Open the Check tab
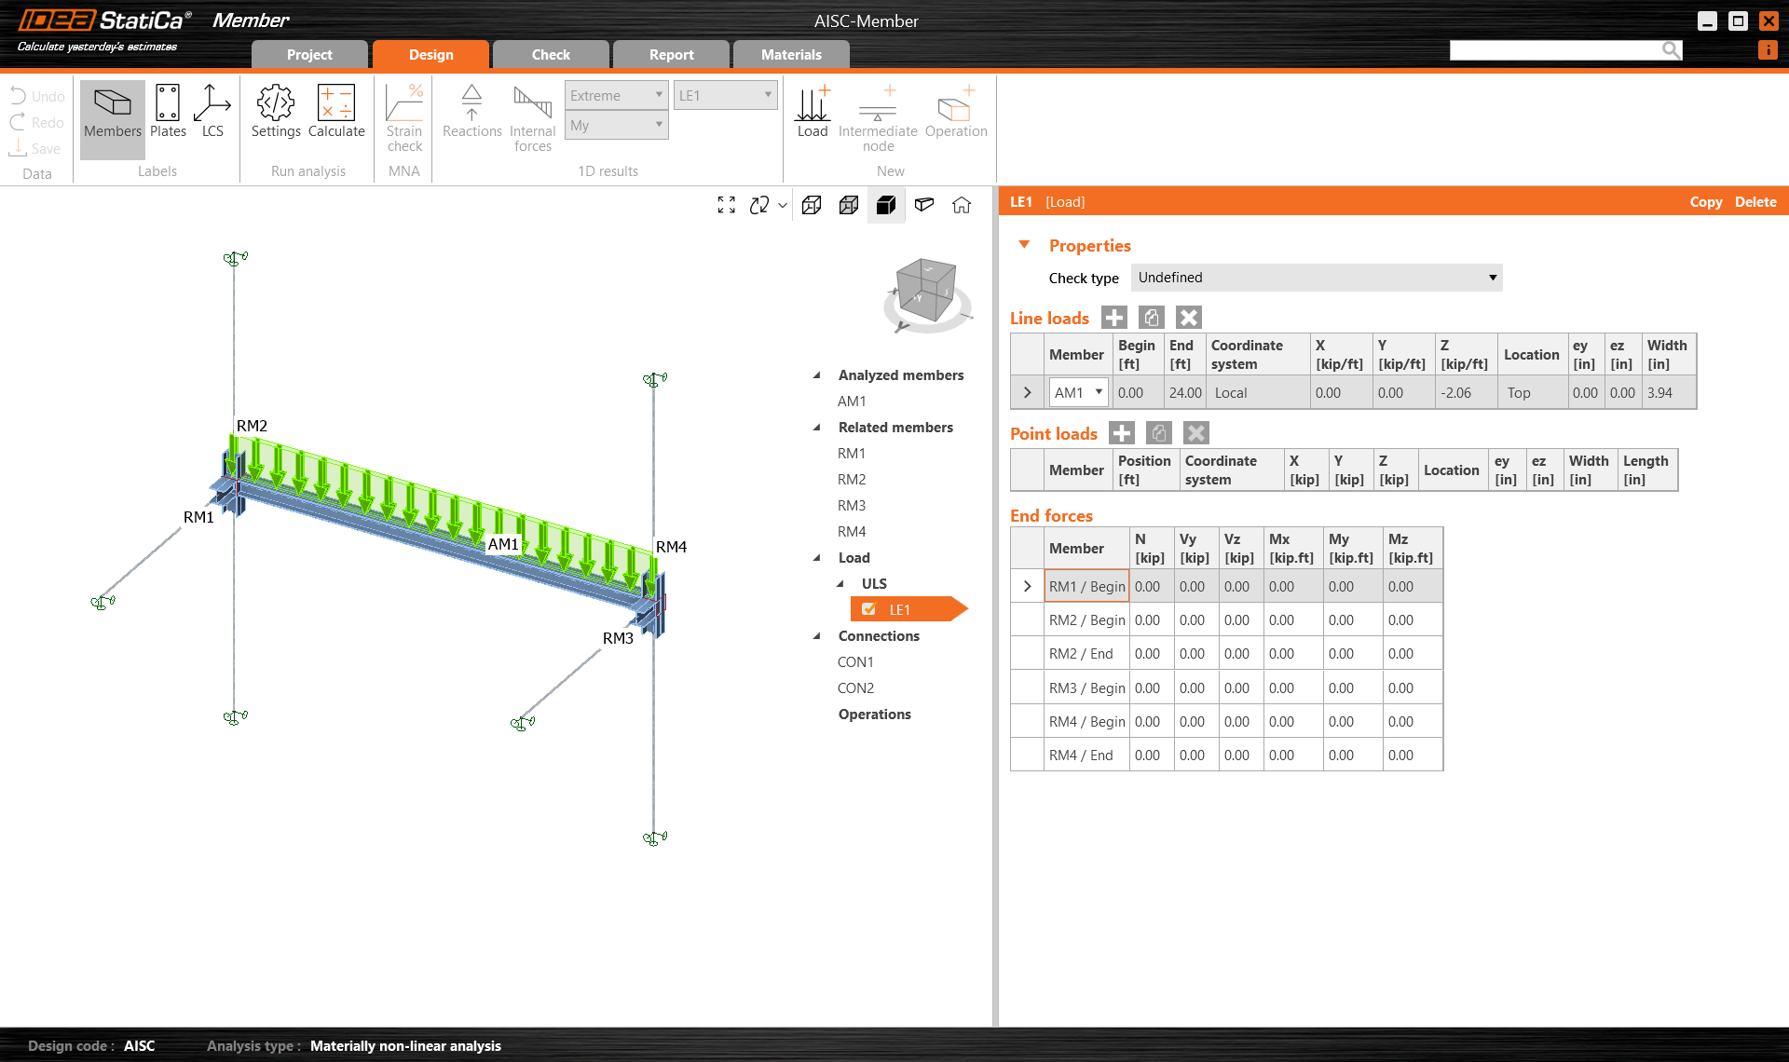[551, 55]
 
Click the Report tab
[671, 55]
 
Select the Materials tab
[791, 55]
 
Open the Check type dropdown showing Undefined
[1316, 278]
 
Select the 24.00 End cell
[1185, 393]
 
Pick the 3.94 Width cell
[1660, 393]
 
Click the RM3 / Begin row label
[1086, 688]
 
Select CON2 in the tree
[855, 688]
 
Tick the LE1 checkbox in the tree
[869, 610]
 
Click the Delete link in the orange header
[1755, 202]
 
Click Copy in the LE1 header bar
[1705, 202]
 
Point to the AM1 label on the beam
[503, 544]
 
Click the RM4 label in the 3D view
[671, 547]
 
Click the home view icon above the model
[962, 205]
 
